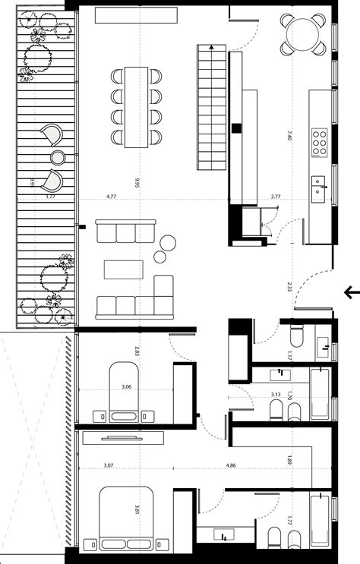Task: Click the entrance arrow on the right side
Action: [351, 291]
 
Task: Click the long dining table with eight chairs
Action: [137, 106]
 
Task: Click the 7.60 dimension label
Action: [289, 136]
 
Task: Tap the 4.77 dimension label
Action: [111, 197]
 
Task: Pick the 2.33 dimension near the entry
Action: [289, 287]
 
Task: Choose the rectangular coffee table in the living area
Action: [123, 269]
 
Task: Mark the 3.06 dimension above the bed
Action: [126, 387]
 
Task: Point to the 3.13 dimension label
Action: [277, 395]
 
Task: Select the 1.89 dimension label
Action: [289, 459]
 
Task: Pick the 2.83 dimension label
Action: [137, 351]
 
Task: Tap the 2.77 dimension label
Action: [276, 197]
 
